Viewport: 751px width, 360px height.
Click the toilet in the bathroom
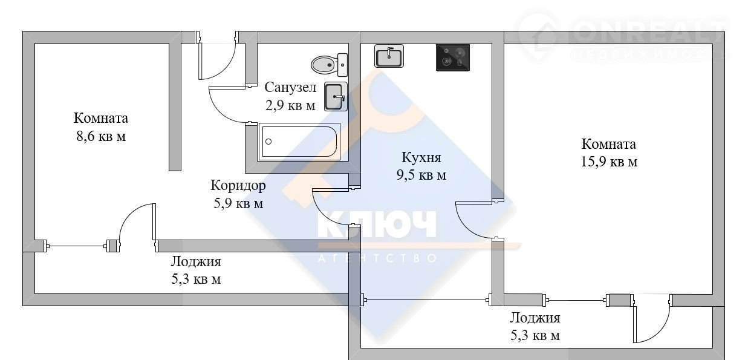click(329, 65)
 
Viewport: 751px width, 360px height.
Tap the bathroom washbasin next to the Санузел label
click(336, 97)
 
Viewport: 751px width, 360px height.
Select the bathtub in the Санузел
click(299, 142)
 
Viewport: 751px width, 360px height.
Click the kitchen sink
click(389, 56)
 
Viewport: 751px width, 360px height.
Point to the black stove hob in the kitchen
click(453, 57)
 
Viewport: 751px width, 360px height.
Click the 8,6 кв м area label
click(101, 137)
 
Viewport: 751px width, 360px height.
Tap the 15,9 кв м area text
click(609, 162)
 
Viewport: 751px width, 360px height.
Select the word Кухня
click(421, 157)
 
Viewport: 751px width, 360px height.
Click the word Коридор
click(238, 186)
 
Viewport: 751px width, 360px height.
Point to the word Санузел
click(290, 87)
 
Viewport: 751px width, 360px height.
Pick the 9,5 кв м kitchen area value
click(421, 175)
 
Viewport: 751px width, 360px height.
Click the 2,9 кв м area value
click(290, 105)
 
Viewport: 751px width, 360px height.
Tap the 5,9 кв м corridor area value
click(238, 203)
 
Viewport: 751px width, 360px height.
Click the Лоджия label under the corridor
click(196, 262)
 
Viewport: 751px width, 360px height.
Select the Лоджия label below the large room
click(535, 318)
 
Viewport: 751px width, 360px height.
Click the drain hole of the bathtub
click(268, 142)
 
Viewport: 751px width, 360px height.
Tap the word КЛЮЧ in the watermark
click(377, 224)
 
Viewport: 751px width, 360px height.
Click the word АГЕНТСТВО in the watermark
click(377, 258)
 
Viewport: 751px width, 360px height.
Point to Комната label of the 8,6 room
click(101, 118)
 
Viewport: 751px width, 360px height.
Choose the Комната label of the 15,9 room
click(608, 144)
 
